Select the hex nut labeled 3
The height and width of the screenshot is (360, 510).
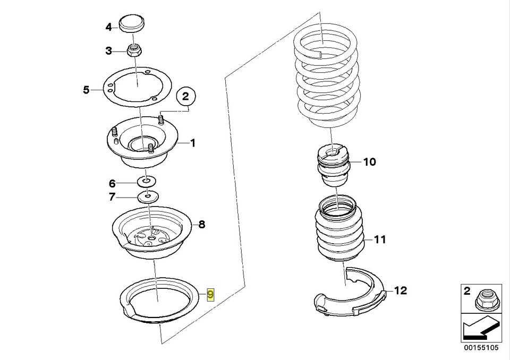click(134, 52)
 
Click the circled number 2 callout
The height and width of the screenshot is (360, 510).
click(185, 97)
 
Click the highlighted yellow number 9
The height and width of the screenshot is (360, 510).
click(210, 294)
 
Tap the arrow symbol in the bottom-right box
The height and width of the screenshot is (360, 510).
click(478, 329)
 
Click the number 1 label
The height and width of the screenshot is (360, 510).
click(193, 142)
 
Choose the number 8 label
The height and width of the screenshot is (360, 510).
click(201, 224)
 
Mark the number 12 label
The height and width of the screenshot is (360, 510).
click(400, 290)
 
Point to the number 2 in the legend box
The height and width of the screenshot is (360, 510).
click(467, 290)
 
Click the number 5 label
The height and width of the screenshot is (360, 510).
click(86, 90)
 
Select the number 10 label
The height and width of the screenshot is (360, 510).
click(369, 162)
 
